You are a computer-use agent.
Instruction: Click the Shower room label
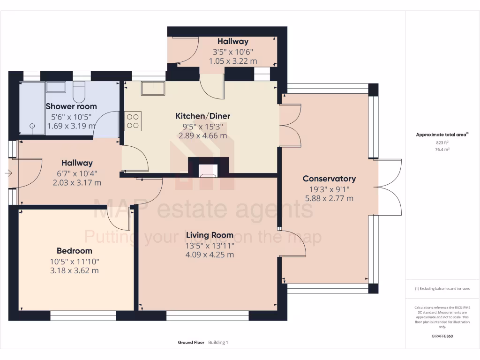pyautogui.click(x=71, y=106)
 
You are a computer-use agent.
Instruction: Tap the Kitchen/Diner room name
pyautogui.click(x=202, y=116)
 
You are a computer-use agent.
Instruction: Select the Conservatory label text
pyautogui.click(x=329, y=179)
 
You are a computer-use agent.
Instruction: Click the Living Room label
pyautogui.click(x=210, y=235)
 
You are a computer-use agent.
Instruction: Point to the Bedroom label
pyautogui.click(x=75, y=251)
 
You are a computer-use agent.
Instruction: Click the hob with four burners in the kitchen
pyautogui.click(x=133, y=120)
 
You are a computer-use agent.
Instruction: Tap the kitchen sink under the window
pyautogui.click(x=153, y=88)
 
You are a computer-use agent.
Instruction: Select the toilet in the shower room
pyautogui.click(x=79, y=92)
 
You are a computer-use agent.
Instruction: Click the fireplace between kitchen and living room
pyautogui.click(x=208, y=170)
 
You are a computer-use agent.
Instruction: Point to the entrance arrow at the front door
pyautogui.click(x=8, y=173)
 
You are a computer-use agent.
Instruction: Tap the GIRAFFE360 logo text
pyautogui.click(x=442, y=336)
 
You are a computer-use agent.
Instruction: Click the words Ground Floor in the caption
pyautogui.click(x=191, y=343)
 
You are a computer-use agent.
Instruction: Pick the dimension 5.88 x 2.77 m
pyautogui.click(x=329, y=198)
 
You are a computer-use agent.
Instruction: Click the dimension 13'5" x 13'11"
pyautogui.click(x=210, y=246)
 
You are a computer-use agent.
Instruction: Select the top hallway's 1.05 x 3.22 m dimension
pyautogui.click(x=233, y=61)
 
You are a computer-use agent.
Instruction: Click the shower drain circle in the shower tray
pyautogui.click(x=32, y=126)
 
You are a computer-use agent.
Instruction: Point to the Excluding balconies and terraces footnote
pyautogui.click(x=442, y=289)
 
